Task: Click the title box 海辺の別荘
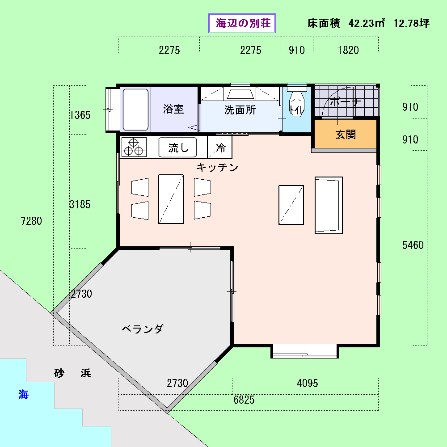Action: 242,23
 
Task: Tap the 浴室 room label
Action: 173,109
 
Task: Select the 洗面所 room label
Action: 240,110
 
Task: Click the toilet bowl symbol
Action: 297,104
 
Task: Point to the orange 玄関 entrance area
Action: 346,134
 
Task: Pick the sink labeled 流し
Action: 177,147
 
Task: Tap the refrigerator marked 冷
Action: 220,147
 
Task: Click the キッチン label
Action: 217,167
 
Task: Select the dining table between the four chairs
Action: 171,199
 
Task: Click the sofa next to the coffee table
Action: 329,205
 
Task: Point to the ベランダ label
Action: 143,329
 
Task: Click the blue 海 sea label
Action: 23,395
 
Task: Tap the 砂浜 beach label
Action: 73,373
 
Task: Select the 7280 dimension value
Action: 31,221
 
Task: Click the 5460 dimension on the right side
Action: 413,245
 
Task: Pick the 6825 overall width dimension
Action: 244,400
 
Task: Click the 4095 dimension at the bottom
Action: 308,384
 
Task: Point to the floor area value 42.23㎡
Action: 367,23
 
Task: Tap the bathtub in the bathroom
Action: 135,110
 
